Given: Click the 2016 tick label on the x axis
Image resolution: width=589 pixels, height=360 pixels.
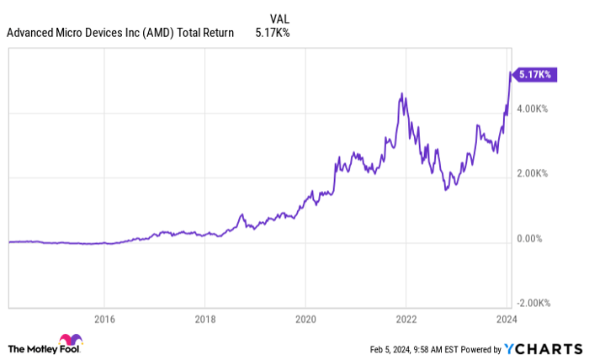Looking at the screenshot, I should tap(103, 320).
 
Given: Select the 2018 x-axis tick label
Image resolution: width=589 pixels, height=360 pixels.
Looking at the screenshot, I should tap(204, 320).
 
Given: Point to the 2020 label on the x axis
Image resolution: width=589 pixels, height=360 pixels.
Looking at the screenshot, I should tap(305, 320).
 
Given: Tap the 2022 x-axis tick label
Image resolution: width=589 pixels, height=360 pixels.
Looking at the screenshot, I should tap(406, 320).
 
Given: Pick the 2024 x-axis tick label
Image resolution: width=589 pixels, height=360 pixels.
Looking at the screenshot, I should tap(507, 320).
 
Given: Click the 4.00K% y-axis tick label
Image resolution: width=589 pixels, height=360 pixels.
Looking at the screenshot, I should tap(533, 109).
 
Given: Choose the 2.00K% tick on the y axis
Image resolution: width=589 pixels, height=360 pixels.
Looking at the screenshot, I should tap(533, 174).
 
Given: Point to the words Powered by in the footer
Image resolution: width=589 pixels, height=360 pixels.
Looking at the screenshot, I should tap(476, 349).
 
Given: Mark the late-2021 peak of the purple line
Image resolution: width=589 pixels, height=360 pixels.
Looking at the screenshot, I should tap(403, 93).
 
